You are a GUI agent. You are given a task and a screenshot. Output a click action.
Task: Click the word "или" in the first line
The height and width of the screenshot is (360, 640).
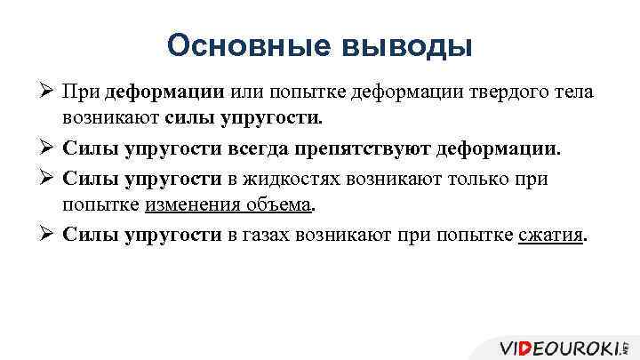[x=249, y=92]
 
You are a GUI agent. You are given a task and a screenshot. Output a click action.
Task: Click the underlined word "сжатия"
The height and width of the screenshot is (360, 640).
[x=551, y=236]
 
